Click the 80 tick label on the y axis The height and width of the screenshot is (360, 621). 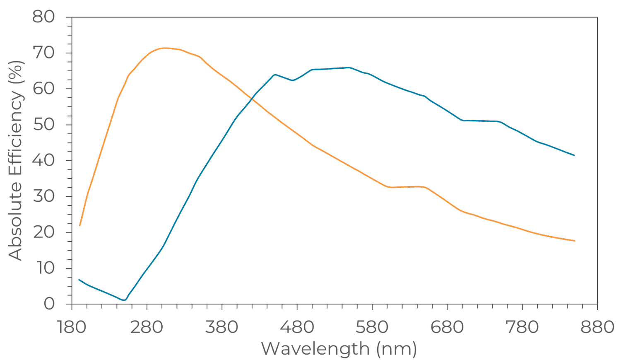click(43, 17)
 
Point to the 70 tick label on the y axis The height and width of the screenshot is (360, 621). click(43, 53)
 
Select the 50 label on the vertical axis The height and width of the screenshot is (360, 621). click(43, 125)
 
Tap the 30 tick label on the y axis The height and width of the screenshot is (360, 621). click(43, 196)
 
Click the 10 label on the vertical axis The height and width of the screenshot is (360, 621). click(44, 268)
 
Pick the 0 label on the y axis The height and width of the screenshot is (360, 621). click(49, 304)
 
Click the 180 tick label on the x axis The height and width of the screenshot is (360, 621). click(72, 327)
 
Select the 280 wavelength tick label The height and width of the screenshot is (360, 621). click(147, 327)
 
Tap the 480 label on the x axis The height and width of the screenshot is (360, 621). click(297, 327)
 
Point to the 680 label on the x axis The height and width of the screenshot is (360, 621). click(447, 327)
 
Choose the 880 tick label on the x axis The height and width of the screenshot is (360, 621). click(597, 327)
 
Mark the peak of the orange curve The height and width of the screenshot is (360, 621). click(165, 48)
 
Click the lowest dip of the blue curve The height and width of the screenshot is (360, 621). click(124, 300)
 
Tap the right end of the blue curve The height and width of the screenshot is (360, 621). click(574, 155)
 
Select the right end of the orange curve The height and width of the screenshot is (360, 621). click(574, 241)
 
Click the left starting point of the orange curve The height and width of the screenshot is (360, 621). click(79, 226)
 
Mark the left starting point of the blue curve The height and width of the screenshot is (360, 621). click(79, 280)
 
